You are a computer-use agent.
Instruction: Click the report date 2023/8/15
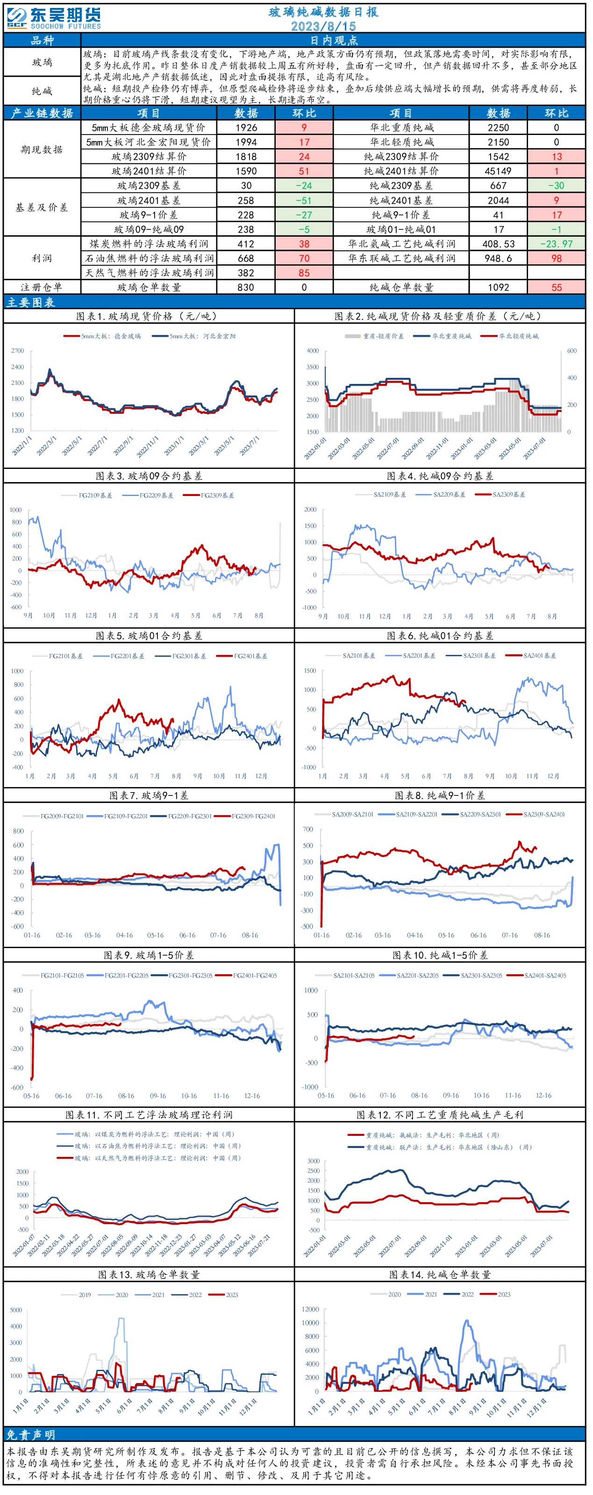tap(323, 26)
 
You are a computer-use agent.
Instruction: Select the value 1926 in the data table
tap(246, 128)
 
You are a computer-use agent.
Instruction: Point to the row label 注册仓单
tap(41, 287)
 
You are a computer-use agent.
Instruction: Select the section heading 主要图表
tap(31, 302)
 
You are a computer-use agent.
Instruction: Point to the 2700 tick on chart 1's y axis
tap(17, 351)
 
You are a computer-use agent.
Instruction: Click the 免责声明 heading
tap(31, 1435)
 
